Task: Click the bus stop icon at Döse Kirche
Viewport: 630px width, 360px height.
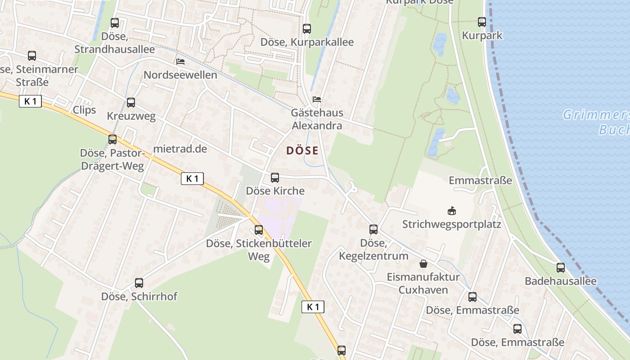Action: (x=274, y=178)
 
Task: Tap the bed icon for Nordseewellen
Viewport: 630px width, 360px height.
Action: (x=180, y=62)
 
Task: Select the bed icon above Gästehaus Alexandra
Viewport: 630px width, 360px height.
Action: (x=317, y=99)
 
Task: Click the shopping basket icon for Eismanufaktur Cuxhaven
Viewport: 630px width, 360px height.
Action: (x=423, y=263)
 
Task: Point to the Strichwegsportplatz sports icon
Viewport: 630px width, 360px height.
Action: (x=451, y=211)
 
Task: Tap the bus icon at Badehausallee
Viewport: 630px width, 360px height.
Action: (x=560, y=268)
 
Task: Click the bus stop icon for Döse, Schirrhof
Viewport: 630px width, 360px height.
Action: (x=139, y=283)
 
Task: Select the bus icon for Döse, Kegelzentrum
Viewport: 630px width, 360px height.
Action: (x=373, y=229)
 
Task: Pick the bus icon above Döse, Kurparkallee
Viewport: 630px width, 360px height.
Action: (x=307, y=29)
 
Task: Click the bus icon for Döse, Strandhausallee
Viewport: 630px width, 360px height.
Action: (x=115, y=22)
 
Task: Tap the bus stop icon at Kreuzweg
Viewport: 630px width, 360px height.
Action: (x=131, y=103)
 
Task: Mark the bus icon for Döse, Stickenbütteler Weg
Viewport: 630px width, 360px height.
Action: (x=259, y=230)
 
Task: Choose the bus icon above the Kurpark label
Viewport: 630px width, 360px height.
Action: (x=482, y=22)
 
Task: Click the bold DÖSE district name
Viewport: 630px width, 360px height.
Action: (x=302, y=151)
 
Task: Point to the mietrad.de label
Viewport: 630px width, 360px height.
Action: (x=180, y=148)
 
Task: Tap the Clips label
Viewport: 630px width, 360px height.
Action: (x=84, y=110)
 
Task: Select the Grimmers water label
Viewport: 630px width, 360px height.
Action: (x=596, y=115)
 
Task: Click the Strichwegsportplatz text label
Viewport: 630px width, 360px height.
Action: (x=451, y=224)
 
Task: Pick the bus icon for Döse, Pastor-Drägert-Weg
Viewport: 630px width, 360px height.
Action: (x=112, y=139)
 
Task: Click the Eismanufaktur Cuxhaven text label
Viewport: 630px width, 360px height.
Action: (x=423, y=283)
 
